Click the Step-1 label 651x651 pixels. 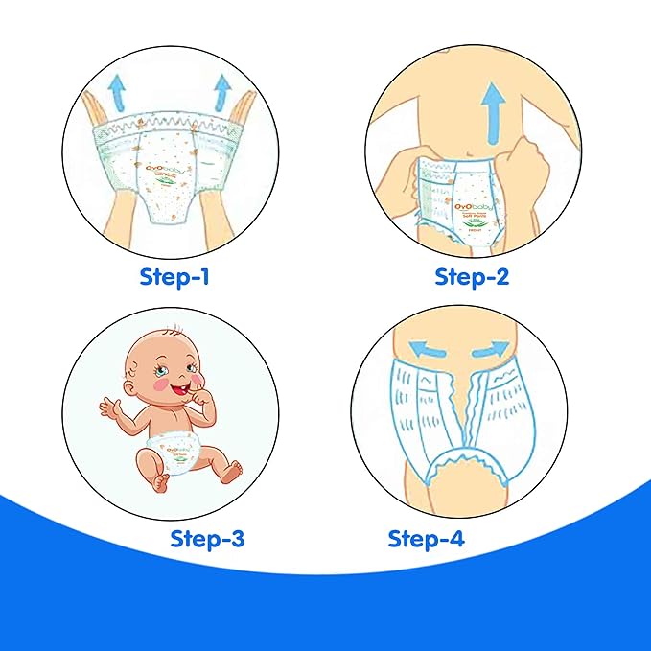[x=175, y=278]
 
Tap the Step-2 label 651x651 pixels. [x=472, y=278]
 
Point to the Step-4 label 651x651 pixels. [x=426, y=538]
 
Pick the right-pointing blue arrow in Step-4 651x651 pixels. [x=491, y=345]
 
